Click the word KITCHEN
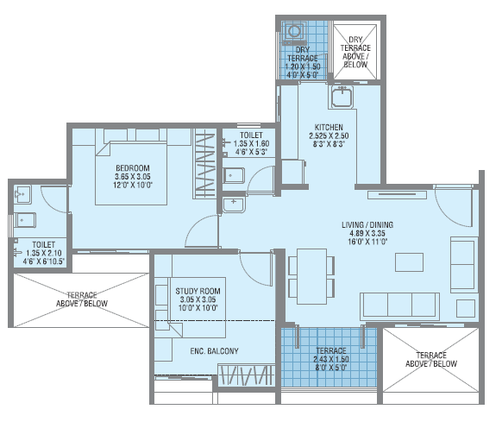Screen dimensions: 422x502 [x=329, y=126]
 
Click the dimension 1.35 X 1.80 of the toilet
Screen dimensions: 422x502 [x=252, y=143]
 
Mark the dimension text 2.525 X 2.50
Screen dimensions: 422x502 [x=329, y=135]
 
